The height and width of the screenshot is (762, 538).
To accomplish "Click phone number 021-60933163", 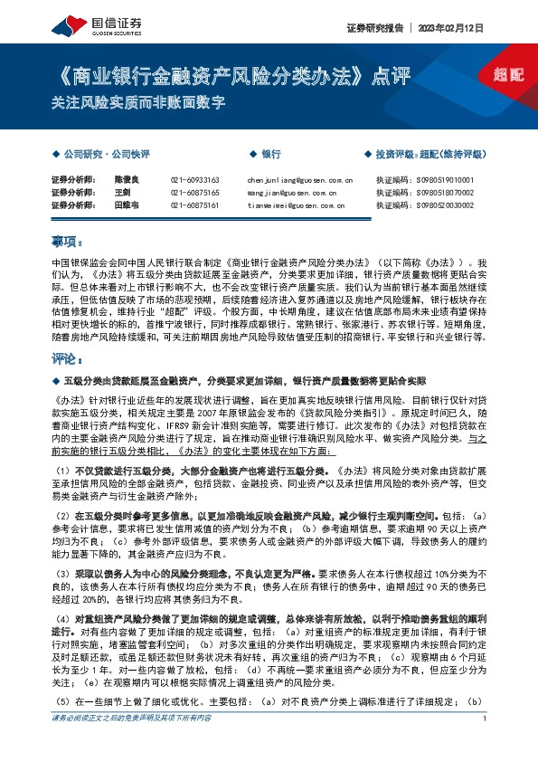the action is (x=194, y=180).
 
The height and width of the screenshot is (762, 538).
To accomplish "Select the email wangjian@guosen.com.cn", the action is (x=290, y=193).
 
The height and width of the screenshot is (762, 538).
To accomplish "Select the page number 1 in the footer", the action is (x=486, y=744).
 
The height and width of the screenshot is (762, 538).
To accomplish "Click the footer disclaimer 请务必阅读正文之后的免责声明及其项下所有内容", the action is (x=132, y=744).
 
